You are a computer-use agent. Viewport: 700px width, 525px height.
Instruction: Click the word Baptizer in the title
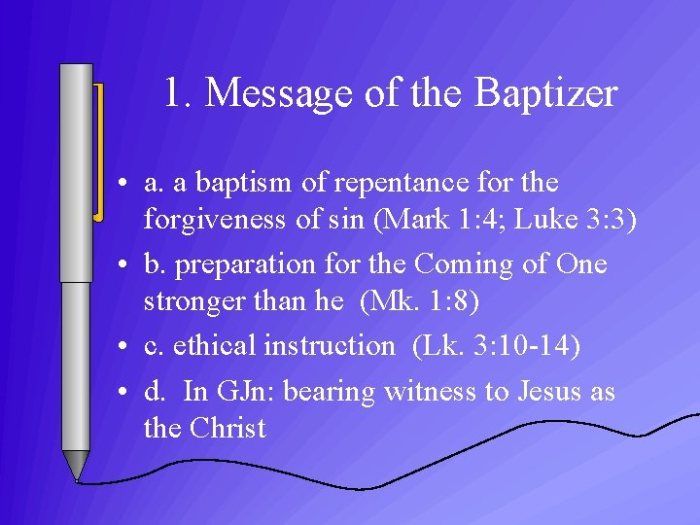point(546,94)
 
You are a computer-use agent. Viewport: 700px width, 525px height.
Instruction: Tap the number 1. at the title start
point(180,94)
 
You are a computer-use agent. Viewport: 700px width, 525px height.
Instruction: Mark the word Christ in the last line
point(229,429)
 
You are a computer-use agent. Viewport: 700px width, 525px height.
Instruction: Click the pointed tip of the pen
point(76,475)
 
